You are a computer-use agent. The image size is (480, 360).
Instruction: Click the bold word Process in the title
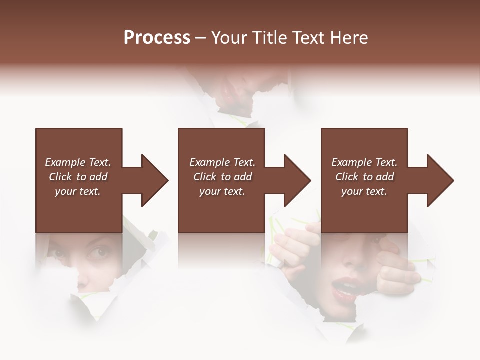157,38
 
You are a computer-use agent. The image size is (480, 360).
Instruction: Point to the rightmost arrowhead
439,180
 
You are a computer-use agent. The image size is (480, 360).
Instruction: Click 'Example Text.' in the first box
78,162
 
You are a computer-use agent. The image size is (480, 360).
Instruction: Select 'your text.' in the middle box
222,191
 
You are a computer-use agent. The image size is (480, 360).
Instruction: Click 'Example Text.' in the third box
364,162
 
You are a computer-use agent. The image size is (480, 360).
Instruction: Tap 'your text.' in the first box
78,191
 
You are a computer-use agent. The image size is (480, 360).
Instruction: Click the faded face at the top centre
235,92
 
